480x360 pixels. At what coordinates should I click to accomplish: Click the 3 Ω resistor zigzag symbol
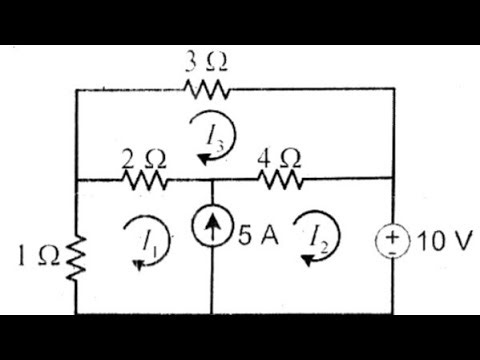point(208,90)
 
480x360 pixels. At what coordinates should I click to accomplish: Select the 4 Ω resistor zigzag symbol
point(281,181)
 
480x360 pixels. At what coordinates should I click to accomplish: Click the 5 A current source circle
point(213,240)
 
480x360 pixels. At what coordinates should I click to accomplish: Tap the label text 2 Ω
point(142,157)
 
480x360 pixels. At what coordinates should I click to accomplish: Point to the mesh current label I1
point(149,241)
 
